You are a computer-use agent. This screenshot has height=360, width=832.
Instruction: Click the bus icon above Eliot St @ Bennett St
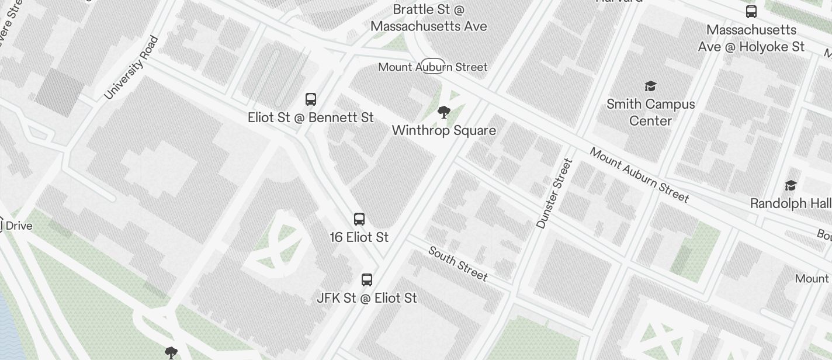pos(311,99)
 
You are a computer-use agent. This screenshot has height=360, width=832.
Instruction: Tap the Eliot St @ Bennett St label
pos(311,117)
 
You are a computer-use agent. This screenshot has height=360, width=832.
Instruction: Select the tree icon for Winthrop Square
pos(444,112)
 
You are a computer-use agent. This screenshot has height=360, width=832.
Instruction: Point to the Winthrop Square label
pos(444,130)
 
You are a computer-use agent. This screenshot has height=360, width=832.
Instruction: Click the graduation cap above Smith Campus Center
pos(650,86)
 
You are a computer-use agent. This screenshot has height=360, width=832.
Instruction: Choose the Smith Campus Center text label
pos(650,112)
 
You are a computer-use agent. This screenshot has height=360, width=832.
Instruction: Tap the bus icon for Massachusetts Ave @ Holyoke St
pos(751,12)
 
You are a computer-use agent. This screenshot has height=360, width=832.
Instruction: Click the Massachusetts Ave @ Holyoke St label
pos(751,38)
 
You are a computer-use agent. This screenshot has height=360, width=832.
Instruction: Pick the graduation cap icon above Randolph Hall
pos(791,185)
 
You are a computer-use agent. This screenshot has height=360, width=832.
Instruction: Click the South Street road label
pos(458,263)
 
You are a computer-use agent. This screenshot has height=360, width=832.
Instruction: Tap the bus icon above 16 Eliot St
pos(359,219)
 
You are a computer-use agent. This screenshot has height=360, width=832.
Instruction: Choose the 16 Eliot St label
pos(359,237)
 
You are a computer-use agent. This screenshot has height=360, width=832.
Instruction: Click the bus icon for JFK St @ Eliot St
pos(367,280)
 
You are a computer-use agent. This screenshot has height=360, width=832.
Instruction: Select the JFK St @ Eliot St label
pos(367,298)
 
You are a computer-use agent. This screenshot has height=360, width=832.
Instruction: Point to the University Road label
pos(131,68)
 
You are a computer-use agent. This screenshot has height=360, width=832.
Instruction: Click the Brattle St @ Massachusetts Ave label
pos(429,18)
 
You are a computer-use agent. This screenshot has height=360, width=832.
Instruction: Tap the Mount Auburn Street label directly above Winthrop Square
pos(432,67)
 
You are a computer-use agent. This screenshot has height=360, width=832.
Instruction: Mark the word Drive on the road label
pos(19,226)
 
